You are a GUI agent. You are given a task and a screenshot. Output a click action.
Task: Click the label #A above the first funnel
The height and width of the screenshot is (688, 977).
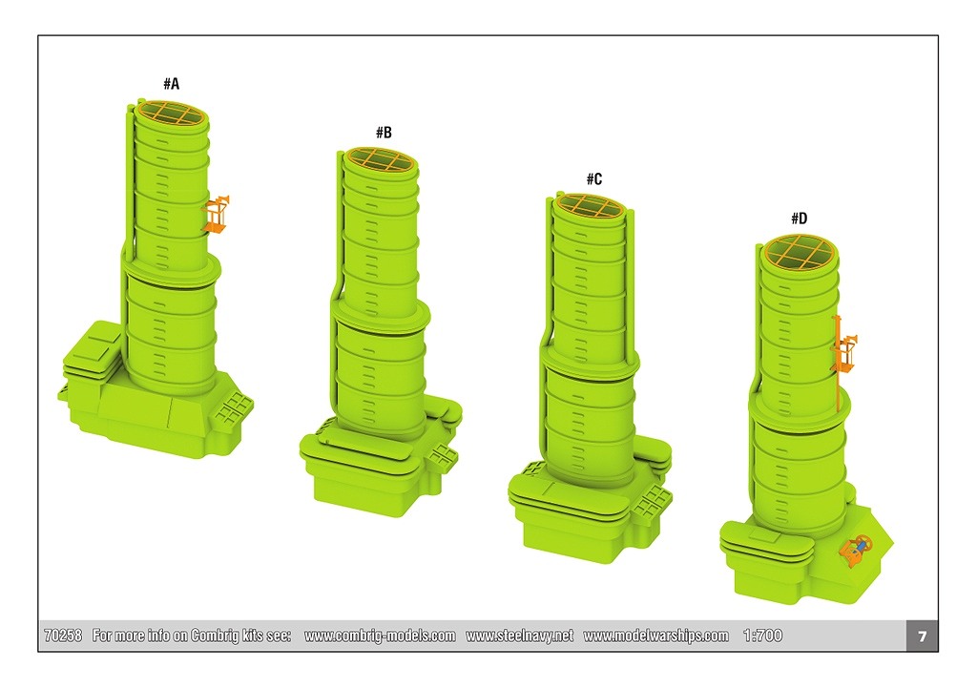coord(172,84)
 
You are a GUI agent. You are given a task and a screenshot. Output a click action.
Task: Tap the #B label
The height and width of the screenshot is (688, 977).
coord(384,132)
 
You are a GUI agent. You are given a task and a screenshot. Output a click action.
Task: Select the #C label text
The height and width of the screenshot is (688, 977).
coord(594,178)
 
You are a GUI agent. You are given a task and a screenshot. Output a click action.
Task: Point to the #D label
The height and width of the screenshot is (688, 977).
coord(800,219)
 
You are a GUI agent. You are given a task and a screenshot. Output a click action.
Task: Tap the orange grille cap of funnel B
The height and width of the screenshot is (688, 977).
coord(381,159)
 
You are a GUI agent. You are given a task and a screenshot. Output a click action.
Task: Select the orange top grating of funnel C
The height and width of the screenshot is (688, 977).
coord(590,206)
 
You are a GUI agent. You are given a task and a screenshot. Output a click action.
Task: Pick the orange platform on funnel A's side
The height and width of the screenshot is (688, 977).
coord(217,215)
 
